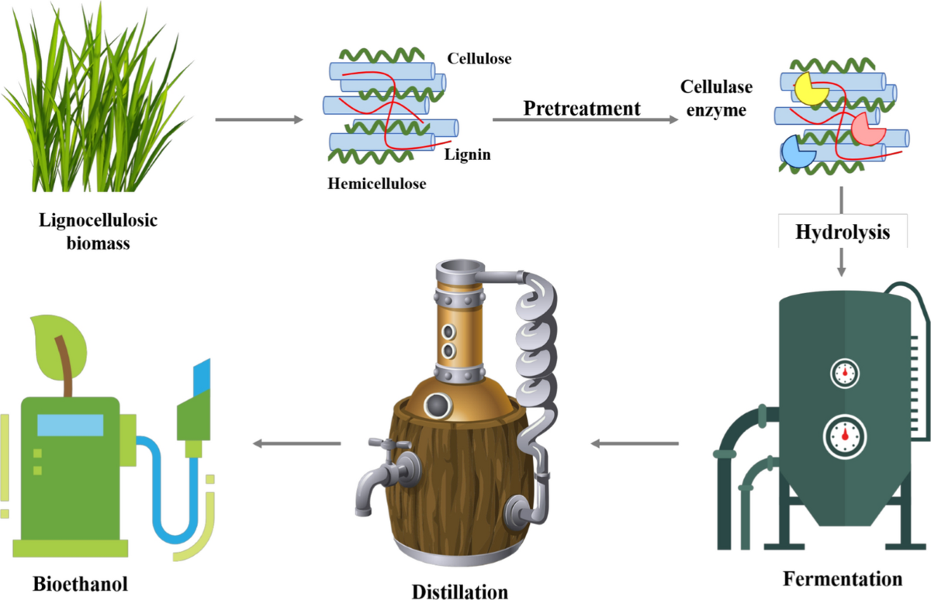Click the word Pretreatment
coord(582,108)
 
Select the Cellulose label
coord(479,58)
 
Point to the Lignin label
coord(469,155)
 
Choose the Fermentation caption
coord(843,578)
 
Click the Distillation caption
coord(460,591)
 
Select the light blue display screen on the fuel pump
coord(70,425)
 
